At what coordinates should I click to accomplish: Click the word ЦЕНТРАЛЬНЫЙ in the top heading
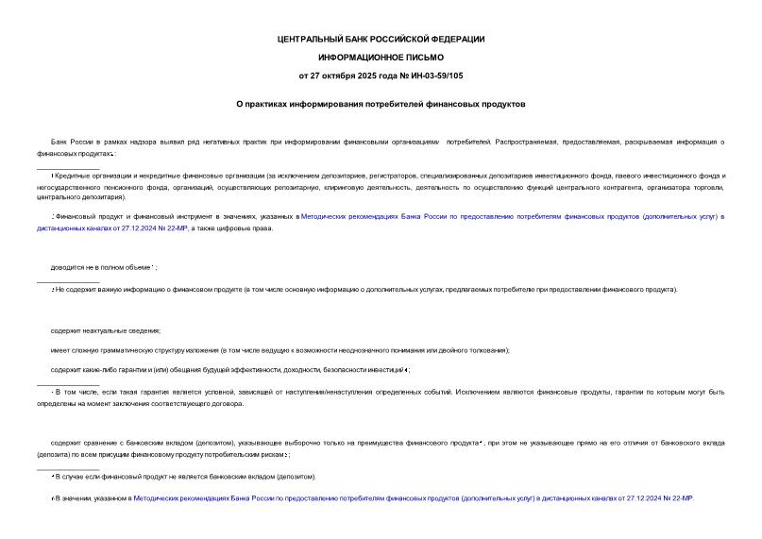[305, 39]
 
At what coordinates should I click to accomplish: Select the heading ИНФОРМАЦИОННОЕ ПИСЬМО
[381, 57]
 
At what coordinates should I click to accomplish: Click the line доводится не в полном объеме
[103, 267]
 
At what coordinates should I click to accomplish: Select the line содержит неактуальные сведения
[106, 330]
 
